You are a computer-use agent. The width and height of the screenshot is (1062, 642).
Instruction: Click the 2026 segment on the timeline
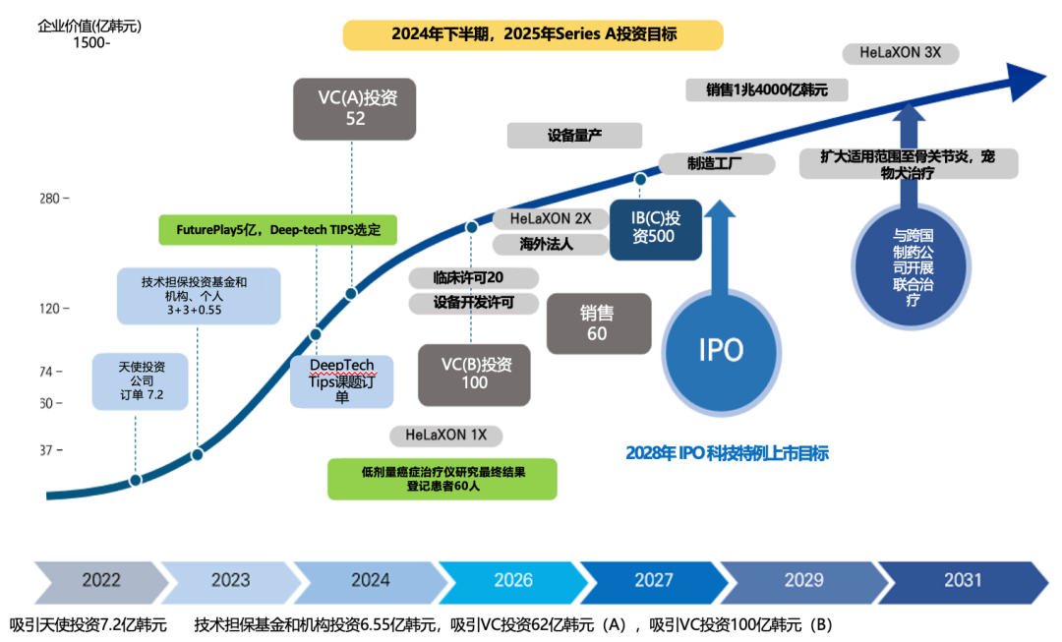click(512, 580)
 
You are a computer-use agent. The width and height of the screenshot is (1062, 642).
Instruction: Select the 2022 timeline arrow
click(99, 580)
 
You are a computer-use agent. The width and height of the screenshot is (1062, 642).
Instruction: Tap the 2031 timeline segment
click(963, 580)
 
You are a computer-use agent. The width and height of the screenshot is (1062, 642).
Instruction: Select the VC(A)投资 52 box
click(354, 108)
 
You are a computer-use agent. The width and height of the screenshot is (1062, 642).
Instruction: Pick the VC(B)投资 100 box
click(474, 374)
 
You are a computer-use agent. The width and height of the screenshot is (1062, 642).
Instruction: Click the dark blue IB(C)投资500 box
click(656, 228)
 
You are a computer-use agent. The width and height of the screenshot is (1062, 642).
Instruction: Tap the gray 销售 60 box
click(598, 323)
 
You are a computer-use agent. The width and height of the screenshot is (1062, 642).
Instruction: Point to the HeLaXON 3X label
click(900, 53)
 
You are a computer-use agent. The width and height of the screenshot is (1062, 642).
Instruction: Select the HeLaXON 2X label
click(551, 218)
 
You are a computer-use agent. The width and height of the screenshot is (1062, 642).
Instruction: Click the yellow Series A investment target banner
click(532, 34)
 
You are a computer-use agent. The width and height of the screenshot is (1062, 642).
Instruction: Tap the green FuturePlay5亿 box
click(278, 230)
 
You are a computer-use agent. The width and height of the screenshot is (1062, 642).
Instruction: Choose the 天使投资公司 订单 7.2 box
click(140, 381)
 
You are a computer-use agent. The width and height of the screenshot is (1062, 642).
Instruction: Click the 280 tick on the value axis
click(51, 199)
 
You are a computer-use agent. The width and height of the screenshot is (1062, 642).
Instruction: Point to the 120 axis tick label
click(51, 309)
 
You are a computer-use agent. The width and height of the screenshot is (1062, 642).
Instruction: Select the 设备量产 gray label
click(574, 136)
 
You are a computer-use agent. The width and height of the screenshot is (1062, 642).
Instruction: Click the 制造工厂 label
click(713, 163)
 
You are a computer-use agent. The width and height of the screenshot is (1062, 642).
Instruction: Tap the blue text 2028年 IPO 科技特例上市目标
click(727, 453)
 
